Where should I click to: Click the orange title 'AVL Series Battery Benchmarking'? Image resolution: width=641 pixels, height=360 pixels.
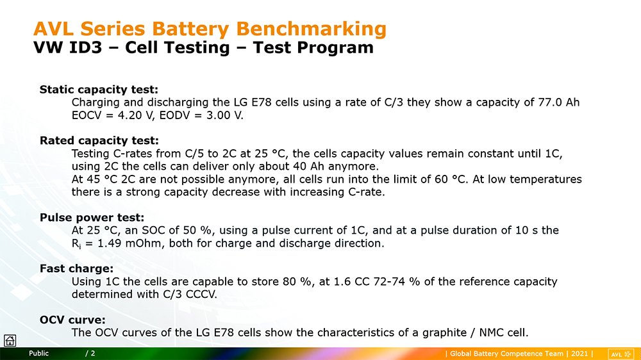(210, 29)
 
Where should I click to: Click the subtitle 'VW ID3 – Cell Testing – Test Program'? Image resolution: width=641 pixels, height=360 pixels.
(203, 47)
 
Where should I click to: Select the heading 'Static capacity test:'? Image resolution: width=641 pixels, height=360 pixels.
(99, 90)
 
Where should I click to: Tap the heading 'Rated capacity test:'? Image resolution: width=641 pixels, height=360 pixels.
(99, 140)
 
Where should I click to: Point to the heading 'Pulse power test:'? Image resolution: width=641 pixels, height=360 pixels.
(92, 217)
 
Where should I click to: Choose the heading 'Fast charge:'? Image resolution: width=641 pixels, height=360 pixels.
(76, 268)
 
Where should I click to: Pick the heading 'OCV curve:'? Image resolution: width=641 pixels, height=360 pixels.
(72, 320)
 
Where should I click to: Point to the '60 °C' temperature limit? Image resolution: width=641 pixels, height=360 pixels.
(450, 179)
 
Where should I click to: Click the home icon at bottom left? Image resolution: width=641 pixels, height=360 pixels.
(10, 340)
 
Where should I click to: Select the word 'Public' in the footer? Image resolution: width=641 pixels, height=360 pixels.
(39, 354)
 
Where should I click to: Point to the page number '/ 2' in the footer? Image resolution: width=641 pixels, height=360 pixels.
(90, 354)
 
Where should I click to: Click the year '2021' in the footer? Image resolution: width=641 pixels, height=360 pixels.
(579, 354)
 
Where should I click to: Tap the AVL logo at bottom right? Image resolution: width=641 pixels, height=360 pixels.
(620, 354)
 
